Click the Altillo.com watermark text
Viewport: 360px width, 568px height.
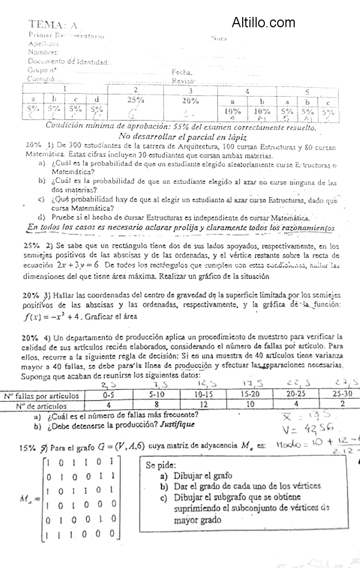263,22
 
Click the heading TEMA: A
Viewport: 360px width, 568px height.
53,24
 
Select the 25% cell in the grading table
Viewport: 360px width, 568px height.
135,100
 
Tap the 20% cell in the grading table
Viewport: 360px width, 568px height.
190,100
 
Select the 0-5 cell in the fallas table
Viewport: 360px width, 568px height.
109,395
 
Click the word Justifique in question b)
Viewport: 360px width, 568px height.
177,426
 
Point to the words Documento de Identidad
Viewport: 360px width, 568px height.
67,62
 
